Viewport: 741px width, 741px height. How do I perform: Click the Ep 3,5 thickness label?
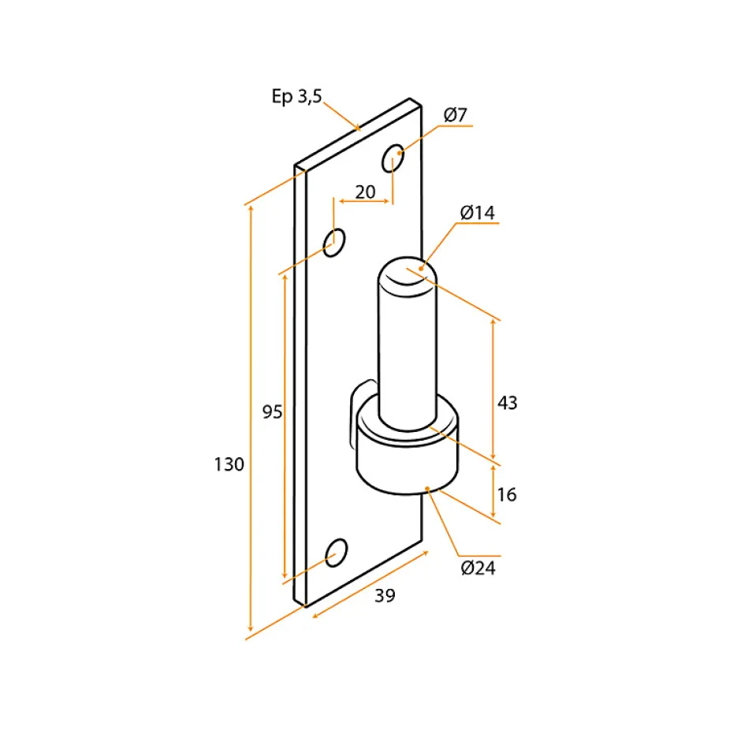(296, 96)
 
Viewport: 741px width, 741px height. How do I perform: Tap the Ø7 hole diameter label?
(455, 115)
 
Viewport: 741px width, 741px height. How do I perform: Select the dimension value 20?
(365, 192)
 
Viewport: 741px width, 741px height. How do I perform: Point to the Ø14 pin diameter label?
(477, 213)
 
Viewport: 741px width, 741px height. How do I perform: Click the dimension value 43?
(508, 403)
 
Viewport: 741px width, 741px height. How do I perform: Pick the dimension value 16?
(507, 495)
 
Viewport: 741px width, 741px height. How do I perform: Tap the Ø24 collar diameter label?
(478, 568)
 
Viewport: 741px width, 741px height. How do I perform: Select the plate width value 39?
(385, 595)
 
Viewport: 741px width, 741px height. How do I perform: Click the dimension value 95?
(272, 412)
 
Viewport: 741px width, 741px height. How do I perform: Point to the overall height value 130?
(229, 464)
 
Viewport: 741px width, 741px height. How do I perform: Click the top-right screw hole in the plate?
(393, 158)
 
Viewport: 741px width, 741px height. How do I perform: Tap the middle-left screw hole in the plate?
(334, 243)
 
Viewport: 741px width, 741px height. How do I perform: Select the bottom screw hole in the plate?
(337, 553)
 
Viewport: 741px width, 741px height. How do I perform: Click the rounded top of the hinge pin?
(408, 277)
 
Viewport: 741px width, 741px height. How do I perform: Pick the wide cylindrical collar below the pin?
(408, 445)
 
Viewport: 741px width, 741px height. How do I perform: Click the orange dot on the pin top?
(421, 269)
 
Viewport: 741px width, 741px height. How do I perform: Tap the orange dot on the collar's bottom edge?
(427, 489)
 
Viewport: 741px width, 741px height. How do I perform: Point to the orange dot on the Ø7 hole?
(400, 153)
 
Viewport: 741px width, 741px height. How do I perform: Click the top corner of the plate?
(410, 99)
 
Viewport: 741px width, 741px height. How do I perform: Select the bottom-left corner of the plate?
(294, 601)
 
